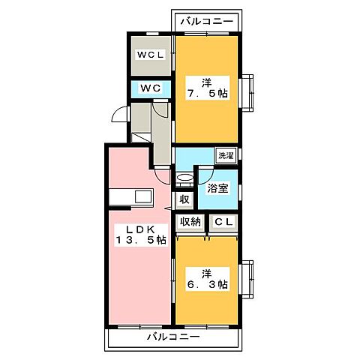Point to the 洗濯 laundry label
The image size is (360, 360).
(x=225, y=155)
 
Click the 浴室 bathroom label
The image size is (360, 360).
(x=219, y=189)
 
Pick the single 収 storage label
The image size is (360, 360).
(x=184, y=199)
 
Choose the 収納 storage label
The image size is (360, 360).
(x=190, y=221)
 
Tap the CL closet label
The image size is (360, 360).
(x=223, y=221)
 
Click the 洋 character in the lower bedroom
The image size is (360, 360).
(x=206, y=272)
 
